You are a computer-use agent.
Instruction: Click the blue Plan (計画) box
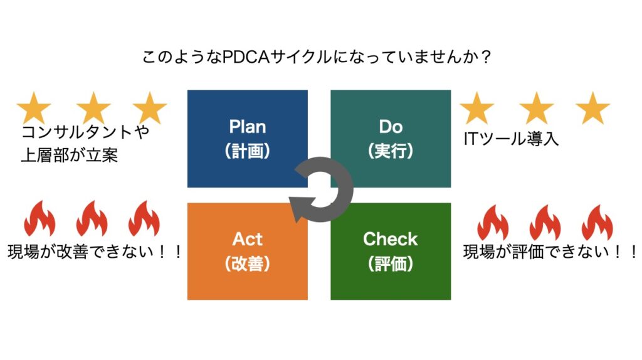247,139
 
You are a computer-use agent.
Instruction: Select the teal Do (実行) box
391,139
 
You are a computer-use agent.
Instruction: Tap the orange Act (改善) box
247,251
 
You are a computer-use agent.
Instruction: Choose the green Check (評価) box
391,251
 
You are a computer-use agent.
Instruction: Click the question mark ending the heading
486,57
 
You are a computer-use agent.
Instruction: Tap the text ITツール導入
511,139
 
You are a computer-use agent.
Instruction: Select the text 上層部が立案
69,155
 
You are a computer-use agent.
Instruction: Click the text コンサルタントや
85,132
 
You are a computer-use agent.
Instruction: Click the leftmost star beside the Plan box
34,108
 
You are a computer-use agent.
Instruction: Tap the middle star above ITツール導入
537,108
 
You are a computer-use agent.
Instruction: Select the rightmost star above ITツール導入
592,108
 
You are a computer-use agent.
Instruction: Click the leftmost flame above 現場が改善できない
39,219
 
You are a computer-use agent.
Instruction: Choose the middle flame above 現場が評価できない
545,223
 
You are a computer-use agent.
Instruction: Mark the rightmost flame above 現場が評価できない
597,223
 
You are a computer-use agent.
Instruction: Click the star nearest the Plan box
150,108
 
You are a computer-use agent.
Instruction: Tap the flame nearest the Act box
144,219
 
